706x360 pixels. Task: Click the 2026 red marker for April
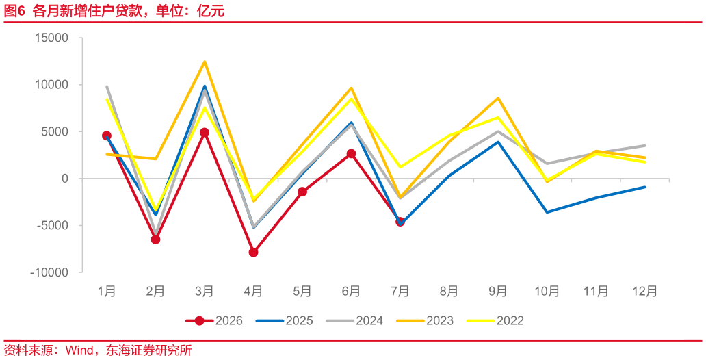click(x=254, y=253)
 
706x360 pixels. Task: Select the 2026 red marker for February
click(x=155, y=240)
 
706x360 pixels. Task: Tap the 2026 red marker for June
click(x=351, y=153)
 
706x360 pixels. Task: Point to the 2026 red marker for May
click(x=302, y=192)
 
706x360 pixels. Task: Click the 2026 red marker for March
click(x=205, y=133)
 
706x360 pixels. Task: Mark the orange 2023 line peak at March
click(x=205, y=62)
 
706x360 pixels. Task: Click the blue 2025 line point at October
click(x=547, y=212)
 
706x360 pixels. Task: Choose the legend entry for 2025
click(x=284, y=321)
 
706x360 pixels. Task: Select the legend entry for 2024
click(x=354, y=321)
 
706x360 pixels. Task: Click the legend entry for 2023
click(x=425, y=321)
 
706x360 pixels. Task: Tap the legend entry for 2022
click(x=495, y=321)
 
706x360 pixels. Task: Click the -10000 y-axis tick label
click(x=49, y=272)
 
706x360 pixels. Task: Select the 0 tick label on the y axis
click(x=64, y=179)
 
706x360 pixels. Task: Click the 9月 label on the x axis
click(x=498, y=292)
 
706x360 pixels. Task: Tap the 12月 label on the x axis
click(x=645, y=292)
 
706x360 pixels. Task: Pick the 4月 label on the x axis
click(x=254, y=292)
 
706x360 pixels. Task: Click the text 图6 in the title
click(x=14, y=12)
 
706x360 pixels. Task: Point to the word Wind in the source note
click(x=79, y=350)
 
